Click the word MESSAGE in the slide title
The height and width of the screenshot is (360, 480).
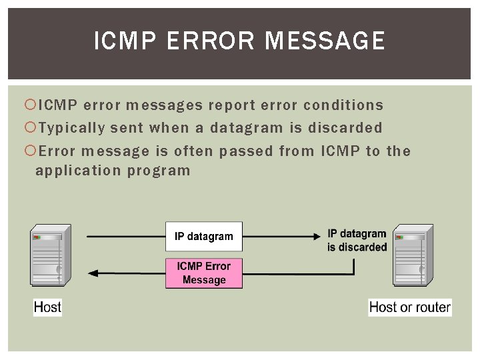pos(325,41)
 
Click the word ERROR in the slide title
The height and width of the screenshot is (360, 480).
pos(210,41)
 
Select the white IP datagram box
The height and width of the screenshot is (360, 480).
pos(204,236)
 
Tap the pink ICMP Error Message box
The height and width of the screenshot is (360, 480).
pos(204,273)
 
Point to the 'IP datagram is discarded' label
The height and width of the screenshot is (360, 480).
pos(357,241)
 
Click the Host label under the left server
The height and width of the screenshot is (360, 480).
pos(47,307)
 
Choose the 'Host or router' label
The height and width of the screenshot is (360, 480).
pos(409,307)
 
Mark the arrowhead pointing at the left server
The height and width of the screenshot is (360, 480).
pos(93,273)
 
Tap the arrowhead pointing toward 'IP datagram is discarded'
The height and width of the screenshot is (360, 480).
pos(319,235)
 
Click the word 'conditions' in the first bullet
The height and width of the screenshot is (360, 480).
pos(343,105)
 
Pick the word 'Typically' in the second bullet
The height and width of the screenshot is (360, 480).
pos(72,127)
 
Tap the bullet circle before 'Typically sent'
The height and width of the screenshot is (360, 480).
pos(29,127)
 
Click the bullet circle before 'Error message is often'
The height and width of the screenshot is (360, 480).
pos(29,151)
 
